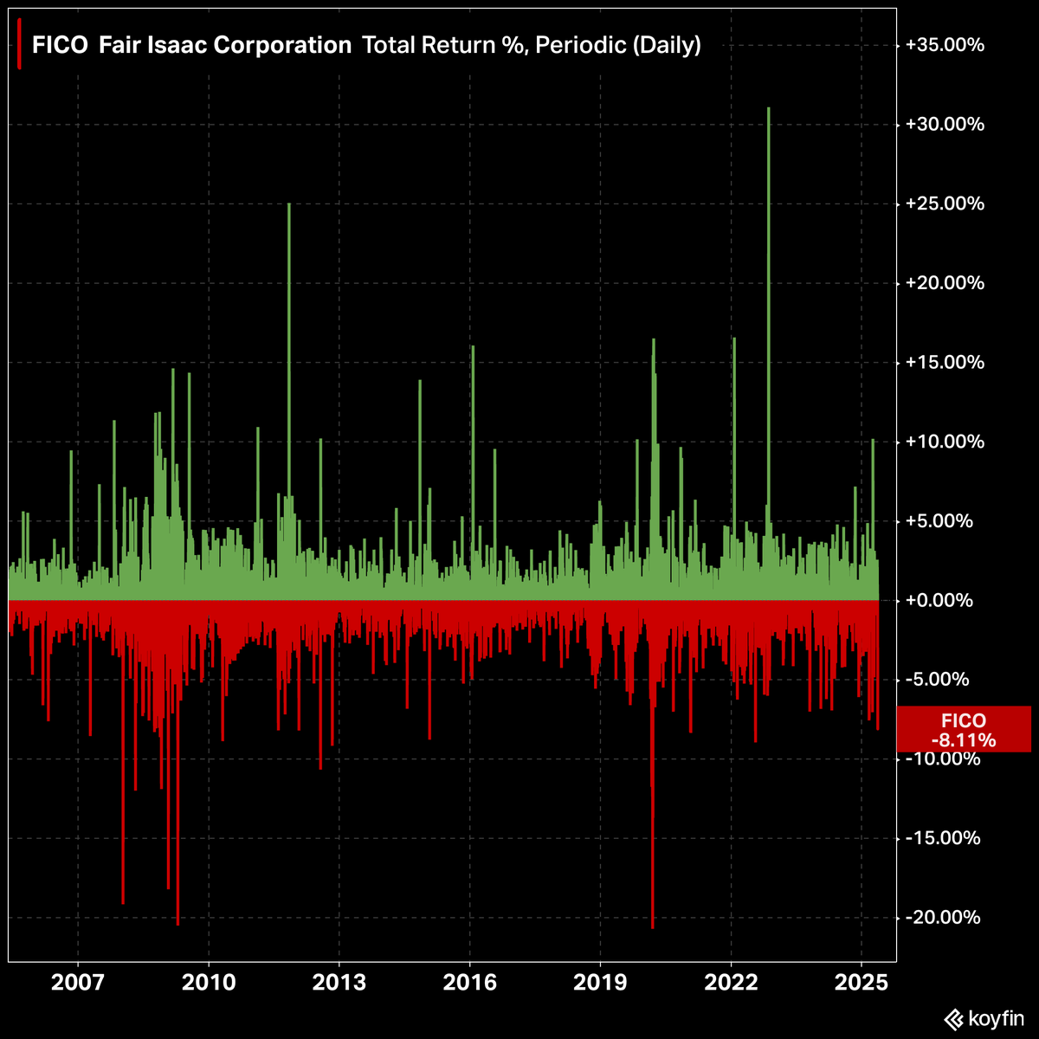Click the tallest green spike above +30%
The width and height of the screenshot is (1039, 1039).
click(768, 260)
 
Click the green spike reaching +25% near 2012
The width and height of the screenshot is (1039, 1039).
click(288, 346)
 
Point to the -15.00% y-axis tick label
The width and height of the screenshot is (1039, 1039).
click(946, 838)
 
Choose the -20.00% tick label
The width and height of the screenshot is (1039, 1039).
click(946, 918)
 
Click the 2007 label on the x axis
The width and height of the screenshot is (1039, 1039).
click(78, 984)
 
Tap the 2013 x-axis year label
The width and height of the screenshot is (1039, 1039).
click(339, 984)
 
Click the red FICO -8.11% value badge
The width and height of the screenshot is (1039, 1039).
click(963, 730)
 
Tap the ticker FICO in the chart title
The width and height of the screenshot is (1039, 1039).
click(60, 46)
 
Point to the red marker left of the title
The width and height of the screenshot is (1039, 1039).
click(19, 38)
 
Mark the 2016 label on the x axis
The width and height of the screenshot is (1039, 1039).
click(469, 984)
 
